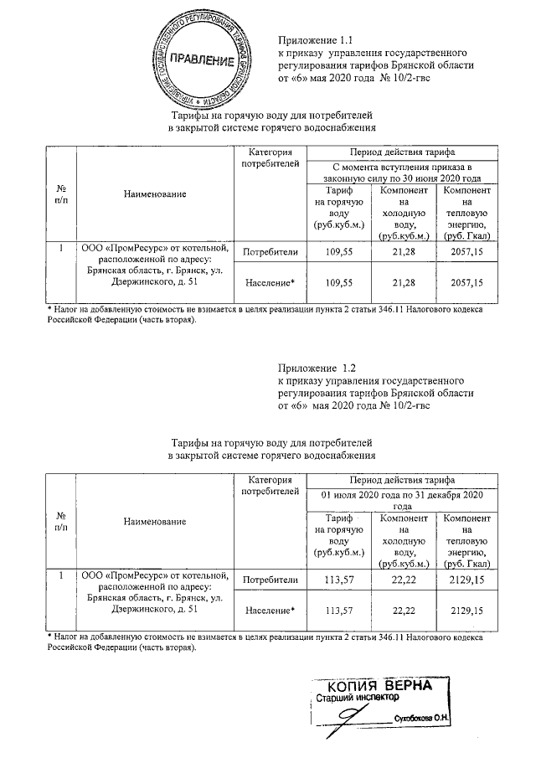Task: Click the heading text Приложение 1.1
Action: [311, 39]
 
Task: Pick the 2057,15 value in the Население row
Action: [467, 283]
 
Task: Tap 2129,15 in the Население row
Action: [467, 611]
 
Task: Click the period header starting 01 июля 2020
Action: [403, 501]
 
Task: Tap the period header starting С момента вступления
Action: [403, 173]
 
